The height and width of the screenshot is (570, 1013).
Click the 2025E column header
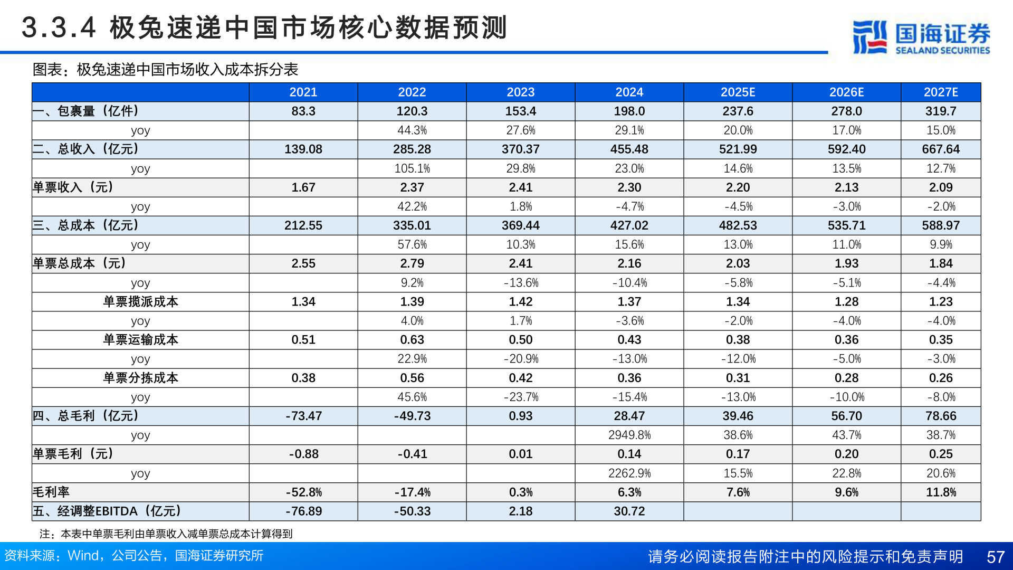[738, 92]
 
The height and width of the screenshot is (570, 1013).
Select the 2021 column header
[303, 92]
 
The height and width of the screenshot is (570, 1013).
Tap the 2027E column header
[941, 92]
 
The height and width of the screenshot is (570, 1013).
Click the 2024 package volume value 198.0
[629, 111]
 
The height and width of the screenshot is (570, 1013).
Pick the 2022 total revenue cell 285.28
[412, 149]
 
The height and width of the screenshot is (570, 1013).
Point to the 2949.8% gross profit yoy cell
[629, 435]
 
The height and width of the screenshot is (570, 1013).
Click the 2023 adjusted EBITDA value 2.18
[520, 511]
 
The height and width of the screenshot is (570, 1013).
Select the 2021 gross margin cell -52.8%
[303, 492]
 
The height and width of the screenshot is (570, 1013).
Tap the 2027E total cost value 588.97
[941, 225]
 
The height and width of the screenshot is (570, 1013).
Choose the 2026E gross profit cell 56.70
[846, 416]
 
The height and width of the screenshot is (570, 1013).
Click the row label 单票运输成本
[140, 340]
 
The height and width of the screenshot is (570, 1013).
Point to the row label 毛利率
[51, 492]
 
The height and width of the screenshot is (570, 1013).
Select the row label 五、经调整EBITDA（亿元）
[107, 511]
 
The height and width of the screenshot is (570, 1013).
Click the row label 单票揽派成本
[140, 302]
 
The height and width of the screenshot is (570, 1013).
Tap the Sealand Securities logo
[921, 37]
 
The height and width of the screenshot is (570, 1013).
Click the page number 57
[995, 557]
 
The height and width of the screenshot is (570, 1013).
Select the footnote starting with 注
[166, 534]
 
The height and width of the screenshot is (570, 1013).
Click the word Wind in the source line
[83, 556]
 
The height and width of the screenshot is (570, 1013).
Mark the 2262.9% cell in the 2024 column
[629, 473]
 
